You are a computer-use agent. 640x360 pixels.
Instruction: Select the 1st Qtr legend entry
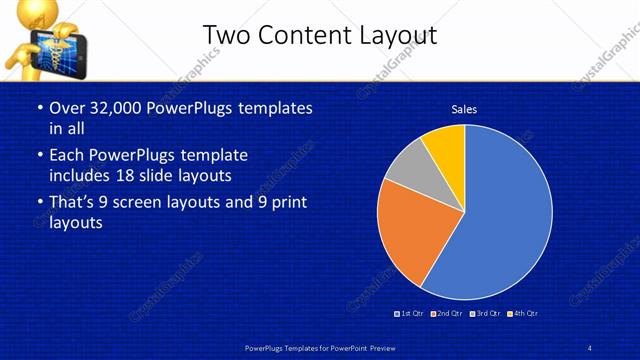411,314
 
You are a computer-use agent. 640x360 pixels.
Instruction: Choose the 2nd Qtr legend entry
447,314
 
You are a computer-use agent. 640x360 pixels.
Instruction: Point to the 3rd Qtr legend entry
484,314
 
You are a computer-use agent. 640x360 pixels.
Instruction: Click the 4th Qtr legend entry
522,314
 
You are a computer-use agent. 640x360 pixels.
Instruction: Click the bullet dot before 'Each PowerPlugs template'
39,157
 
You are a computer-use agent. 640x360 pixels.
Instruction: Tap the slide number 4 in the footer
590,347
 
